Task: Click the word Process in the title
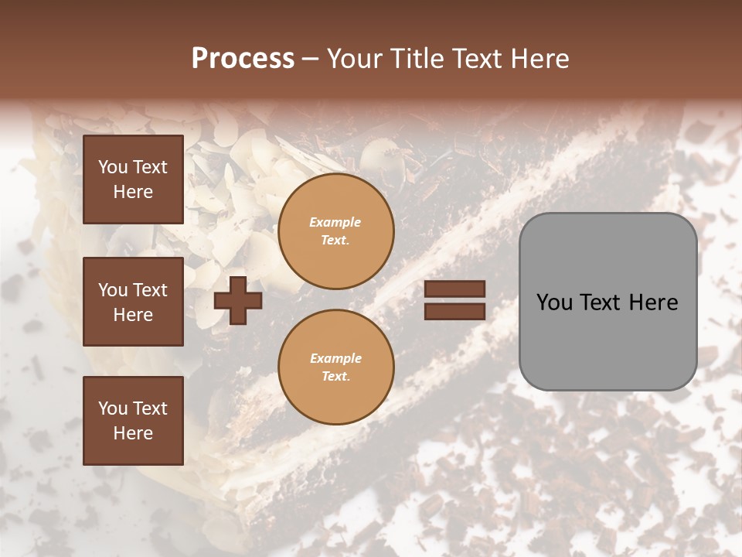click(243, 59)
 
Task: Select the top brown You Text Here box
click(133, 179)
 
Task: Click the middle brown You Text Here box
click(133, 302)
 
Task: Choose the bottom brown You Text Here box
click(133, 421)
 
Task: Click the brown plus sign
click(238, 300)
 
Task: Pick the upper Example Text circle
click(335, 231)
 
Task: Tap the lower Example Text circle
click(335, 367)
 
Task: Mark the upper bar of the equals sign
click(454, 289)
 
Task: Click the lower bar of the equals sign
click(454, 311)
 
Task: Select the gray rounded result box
click(608, 302)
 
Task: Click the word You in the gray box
click(554, 302)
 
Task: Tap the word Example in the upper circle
click(335, 222)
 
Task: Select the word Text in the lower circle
click(335, 377)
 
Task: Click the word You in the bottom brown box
click(113, 408)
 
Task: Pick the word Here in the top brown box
click(133, 191)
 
